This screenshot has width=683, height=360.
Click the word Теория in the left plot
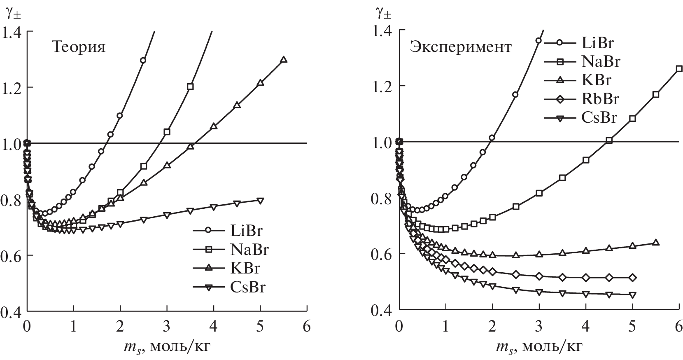[78, 47]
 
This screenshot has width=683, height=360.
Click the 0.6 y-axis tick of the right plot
[384, 254]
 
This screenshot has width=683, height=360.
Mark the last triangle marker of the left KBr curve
[283, 59]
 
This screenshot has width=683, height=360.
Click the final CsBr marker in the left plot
[260, 200]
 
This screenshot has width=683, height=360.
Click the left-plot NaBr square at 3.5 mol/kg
[190, 87]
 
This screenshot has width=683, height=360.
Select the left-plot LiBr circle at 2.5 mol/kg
[143, 61]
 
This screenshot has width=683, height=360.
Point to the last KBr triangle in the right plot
[656, 243]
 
